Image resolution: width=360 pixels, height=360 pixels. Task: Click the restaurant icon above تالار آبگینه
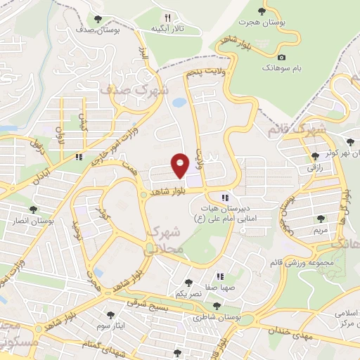coord(167,18)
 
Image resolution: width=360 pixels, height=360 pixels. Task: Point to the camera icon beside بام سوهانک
coord(282,56)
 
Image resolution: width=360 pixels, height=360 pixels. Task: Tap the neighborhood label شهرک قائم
coord(297,130)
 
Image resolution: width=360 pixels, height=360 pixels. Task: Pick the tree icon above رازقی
coord(314,156)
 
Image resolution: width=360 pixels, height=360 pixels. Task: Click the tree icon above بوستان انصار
coord(33,210)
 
